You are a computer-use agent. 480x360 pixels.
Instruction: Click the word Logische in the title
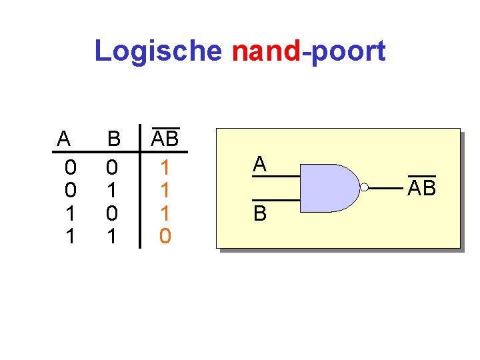[157, 51]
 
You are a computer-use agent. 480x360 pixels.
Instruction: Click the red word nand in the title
[266, 51]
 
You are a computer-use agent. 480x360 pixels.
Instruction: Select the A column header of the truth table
[63, 139]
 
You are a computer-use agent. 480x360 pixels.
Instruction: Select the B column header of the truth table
[114, 139]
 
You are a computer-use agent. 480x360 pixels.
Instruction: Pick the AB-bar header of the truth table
[165, 138]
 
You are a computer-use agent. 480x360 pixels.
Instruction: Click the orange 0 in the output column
[165, 235]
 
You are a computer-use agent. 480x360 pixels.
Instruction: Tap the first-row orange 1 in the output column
[165, 166]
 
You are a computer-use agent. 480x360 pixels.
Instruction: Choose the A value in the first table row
[70, 166]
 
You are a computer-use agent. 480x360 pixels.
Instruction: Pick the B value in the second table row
[112, 190]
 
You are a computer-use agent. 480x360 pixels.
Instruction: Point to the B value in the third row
[112, 213]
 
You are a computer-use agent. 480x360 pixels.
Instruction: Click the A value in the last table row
[70, 235]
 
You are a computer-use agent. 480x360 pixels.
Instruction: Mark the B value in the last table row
[112, 235]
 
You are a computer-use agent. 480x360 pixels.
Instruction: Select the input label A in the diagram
[259, 164]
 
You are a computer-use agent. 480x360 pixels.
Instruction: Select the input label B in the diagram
[259, 213]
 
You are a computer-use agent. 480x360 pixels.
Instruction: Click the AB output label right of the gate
[421, 189]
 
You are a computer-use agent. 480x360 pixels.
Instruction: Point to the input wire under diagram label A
[275, 177]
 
